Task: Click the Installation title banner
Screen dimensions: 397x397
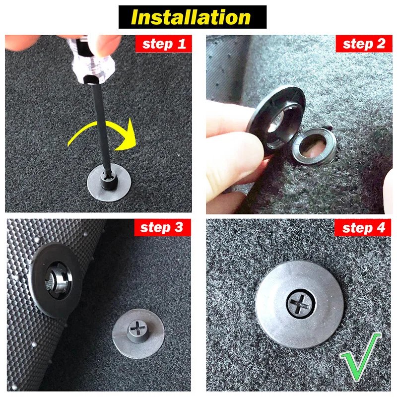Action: click(x=193, y=17)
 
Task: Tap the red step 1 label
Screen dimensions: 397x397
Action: click(x=163, y=44)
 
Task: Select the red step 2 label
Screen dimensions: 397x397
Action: click(x=364, y=44)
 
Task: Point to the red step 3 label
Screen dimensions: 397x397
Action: click(x=162, y=228)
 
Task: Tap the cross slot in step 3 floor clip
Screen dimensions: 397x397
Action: click(x=135, y=328)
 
